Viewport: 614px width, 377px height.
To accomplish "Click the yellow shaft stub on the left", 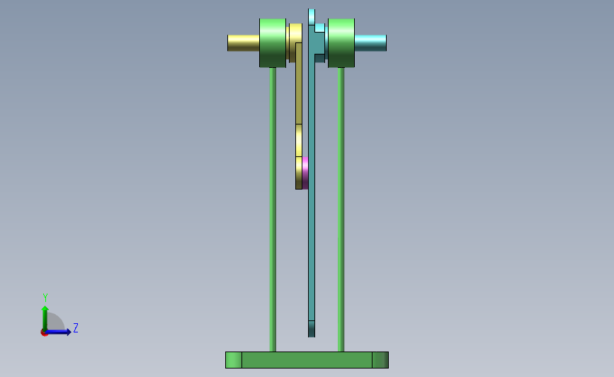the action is coord(243,43).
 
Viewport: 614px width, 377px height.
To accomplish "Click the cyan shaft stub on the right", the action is coord(370,43).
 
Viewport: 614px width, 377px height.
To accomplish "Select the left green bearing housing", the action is coord(273,43).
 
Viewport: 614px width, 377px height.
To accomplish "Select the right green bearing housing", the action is coord(341,43).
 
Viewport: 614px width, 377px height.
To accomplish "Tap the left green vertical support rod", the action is coord(273,209).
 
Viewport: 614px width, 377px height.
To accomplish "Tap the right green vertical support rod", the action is coord(341,209).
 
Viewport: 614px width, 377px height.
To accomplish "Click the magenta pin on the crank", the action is coord(305,173).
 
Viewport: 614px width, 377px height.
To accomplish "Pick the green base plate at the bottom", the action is coord(307,360).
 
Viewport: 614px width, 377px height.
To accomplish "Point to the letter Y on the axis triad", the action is coord(45,298).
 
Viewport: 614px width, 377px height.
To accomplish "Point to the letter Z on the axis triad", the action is coord(76,327).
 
